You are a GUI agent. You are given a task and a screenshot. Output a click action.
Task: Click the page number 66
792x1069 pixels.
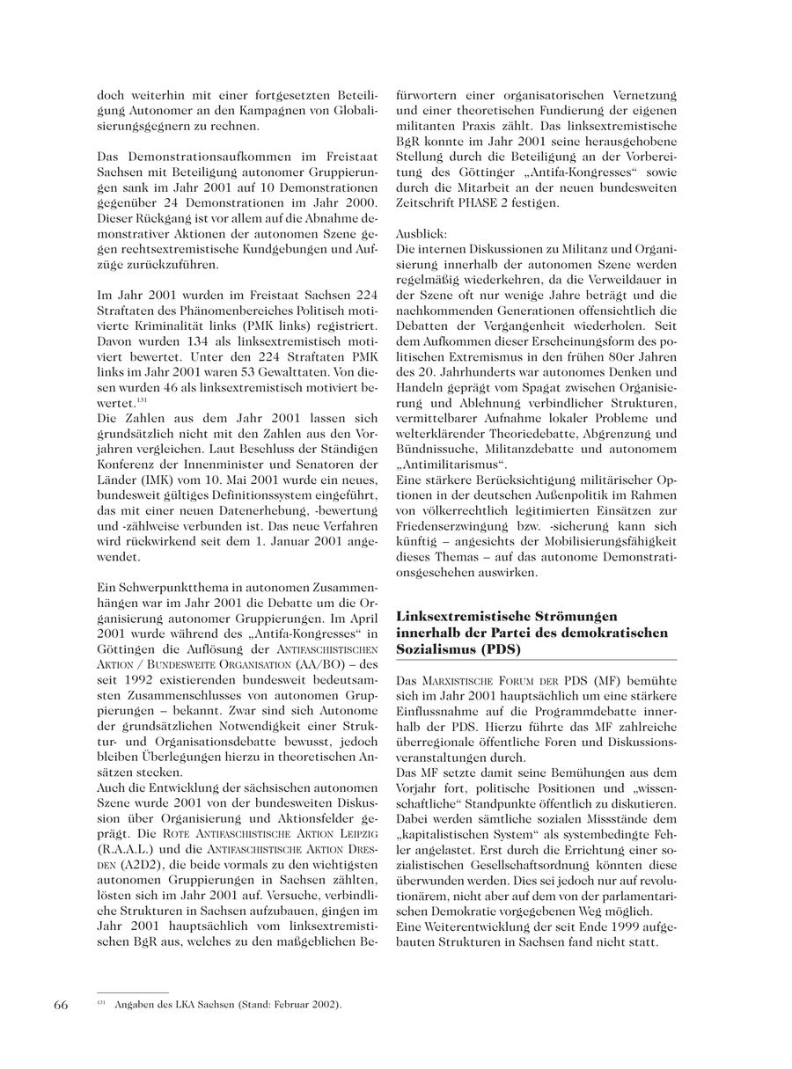(61, 1006)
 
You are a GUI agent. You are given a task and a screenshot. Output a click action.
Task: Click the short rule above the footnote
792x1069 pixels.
(132, 992)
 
